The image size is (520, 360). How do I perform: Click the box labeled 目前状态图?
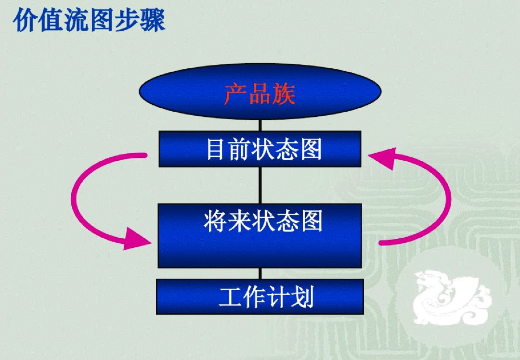(260, 149)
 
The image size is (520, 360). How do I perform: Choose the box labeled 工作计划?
(260, 296)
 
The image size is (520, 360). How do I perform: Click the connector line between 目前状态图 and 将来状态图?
(260, 185)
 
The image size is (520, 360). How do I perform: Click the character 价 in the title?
(25, 21)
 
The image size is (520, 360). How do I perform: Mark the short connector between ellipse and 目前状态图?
(260, 125)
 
